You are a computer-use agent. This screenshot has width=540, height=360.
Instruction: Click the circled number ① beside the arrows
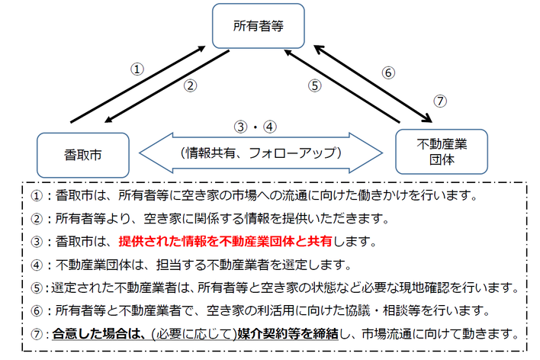[137, 69]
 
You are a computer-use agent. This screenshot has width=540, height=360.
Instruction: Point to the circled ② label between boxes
[191, 86]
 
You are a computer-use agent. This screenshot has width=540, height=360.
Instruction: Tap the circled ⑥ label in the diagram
[388, 74]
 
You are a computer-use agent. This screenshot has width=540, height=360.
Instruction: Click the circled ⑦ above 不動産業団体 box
[439, 101]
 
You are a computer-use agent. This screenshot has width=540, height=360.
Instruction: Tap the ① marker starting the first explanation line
[35, 196]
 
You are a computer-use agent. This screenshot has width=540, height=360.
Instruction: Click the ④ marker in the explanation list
[35, 265]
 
